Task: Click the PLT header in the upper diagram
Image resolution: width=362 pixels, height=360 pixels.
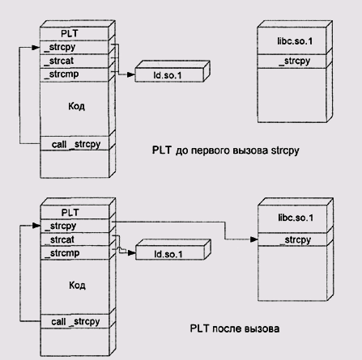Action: click(70, 33)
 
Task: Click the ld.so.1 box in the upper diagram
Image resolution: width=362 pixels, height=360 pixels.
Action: click(169, 75)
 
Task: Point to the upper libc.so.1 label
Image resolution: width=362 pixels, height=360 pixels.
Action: click(295, 41)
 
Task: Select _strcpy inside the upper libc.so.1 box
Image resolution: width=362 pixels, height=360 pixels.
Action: click(295, 61)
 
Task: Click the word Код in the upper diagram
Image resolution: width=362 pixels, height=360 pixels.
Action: click(76, 106)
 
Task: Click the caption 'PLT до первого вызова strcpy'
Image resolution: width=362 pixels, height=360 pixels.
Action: click(226, 150)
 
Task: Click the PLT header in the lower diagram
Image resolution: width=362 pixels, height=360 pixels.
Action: click(70, 213)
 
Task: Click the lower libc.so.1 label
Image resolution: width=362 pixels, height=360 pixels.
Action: click(296, 218)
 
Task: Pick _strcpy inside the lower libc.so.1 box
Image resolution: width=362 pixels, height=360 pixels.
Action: click(296, 239)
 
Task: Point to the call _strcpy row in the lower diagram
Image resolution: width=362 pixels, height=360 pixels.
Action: click(75, 321)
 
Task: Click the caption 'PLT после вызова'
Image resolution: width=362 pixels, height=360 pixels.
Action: click(235, 328)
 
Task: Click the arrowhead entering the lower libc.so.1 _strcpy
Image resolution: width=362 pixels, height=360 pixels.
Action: click(254, 239)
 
